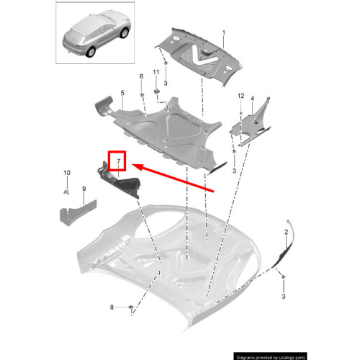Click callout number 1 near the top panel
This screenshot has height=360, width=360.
tap(223, 33)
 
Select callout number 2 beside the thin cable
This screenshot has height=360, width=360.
tap(286, 232)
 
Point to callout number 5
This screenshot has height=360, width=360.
tap(122, 94)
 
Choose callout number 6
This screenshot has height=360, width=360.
tap(141, 76)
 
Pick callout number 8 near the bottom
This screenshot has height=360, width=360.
tap(112, 307)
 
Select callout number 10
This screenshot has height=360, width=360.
tap(67, 173)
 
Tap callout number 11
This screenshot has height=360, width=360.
tap(156, 73)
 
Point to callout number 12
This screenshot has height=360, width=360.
tap(241, 96)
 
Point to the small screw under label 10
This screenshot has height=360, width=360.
tap(66, 192)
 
